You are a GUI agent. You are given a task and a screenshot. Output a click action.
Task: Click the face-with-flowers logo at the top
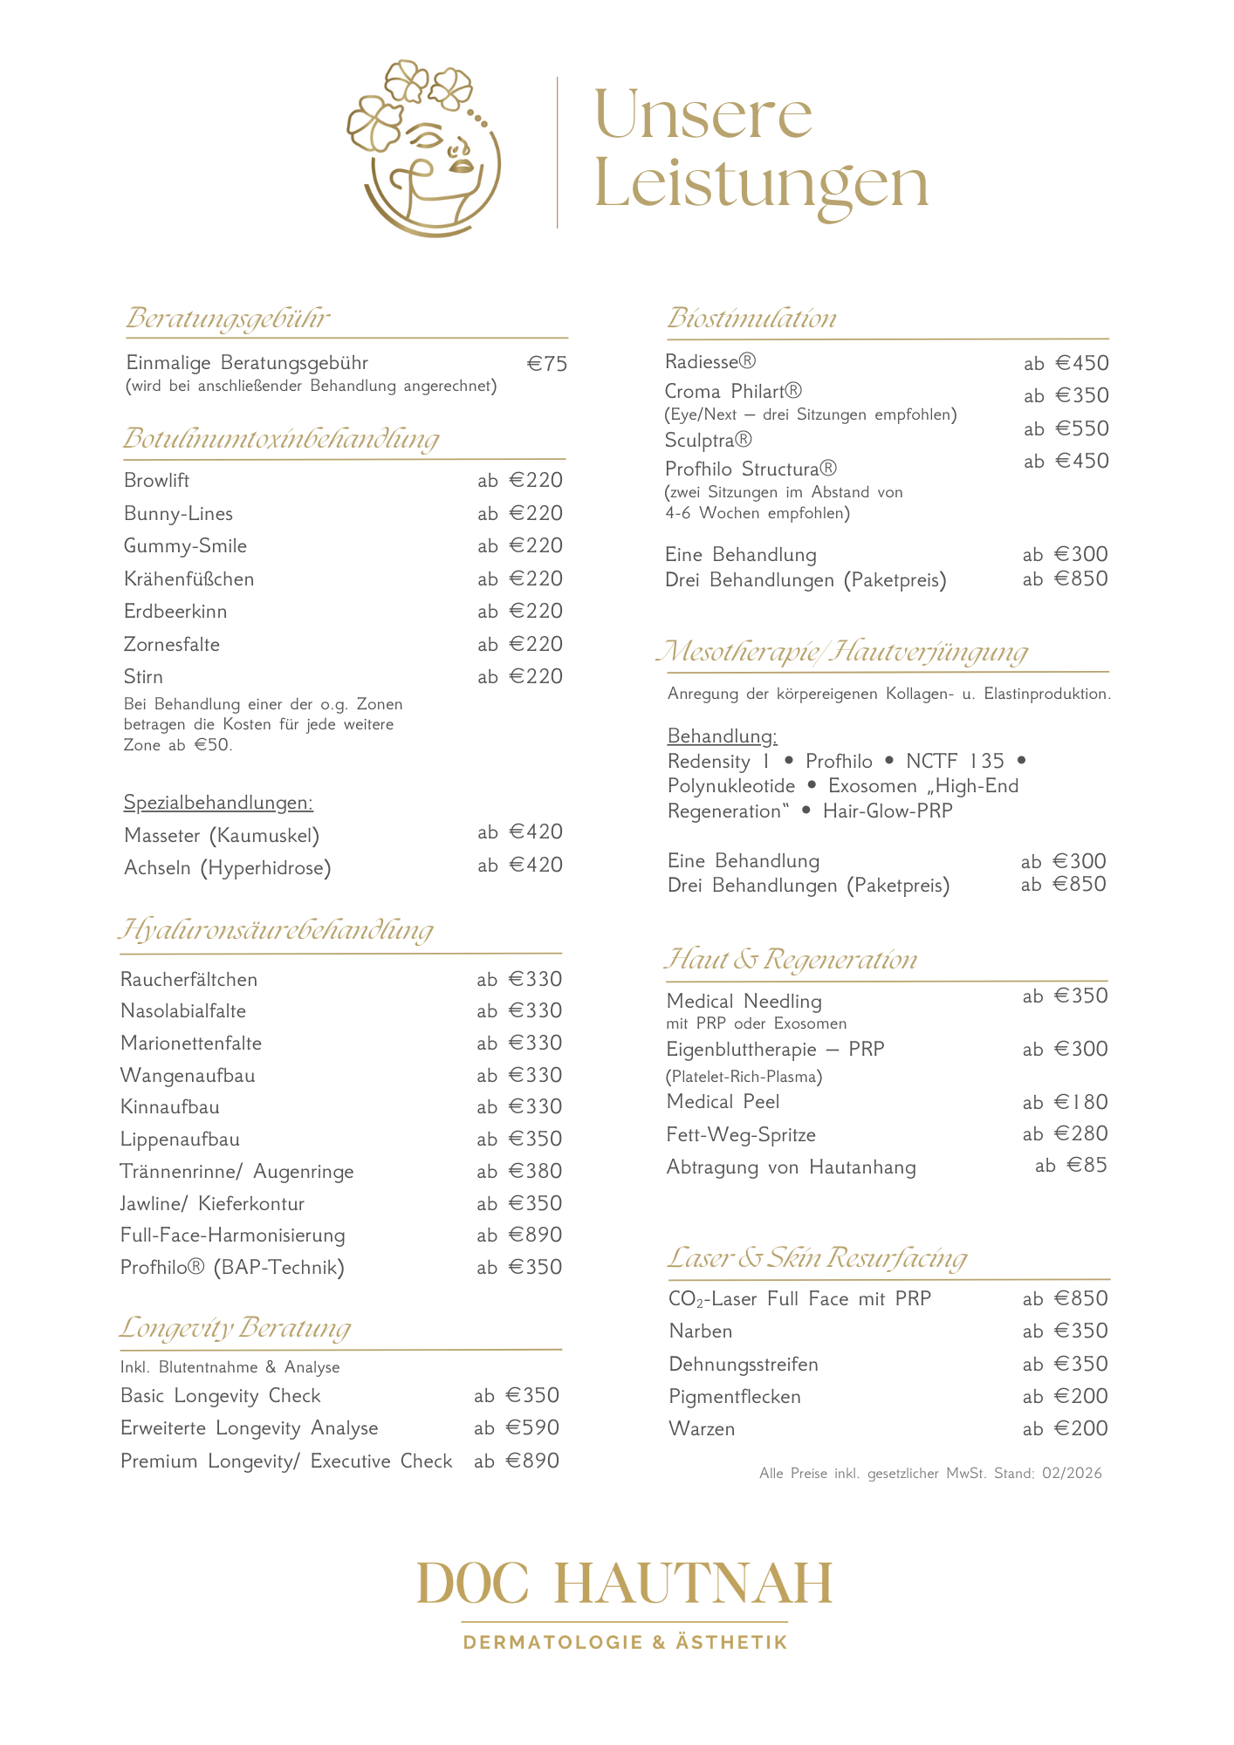point(425,148)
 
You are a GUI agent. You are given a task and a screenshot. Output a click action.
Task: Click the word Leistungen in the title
point(761,186)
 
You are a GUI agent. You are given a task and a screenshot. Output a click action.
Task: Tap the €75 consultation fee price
point(547,364)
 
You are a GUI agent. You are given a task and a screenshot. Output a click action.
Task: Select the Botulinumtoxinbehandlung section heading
point(281,438)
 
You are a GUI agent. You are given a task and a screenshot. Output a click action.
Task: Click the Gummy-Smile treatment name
point(185,546)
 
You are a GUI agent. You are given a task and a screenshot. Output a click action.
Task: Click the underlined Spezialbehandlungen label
point(218,803)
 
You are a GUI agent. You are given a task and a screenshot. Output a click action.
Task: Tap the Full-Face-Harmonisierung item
point(232,1235)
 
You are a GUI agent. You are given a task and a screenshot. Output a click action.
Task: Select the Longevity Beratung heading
point(235,1328)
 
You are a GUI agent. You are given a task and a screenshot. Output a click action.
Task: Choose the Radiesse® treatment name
point(710,362)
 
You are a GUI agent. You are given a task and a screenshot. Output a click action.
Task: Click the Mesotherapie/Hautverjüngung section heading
point(841,652)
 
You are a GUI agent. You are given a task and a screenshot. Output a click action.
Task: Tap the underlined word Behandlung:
point(722,736)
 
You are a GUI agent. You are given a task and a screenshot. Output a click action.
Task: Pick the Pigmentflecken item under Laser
point(735,1397)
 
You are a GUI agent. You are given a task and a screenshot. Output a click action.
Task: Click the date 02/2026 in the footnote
point(1072,1474)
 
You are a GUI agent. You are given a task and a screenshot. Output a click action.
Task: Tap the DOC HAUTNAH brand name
point(625,1584)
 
